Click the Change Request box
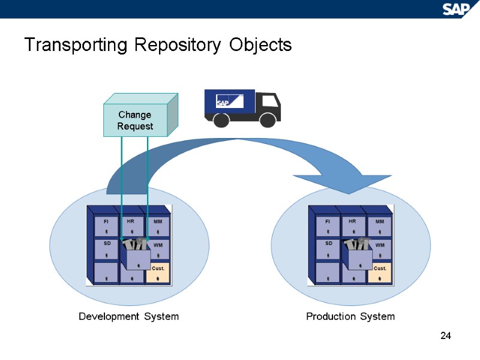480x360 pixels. point(135,121)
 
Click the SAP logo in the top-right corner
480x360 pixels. point(458,9)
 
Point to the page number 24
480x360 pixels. point(445,335)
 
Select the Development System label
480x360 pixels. point(128,316)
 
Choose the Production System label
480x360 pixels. point(350,316)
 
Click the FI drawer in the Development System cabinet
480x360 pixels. point(106,226)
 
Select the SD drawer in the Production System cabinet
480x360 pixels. point(328,248)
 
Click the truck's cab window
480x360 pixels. point(266,101)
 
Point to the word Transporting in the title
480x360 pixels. point(76,45)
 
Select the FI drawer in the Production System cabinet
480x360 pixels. point(328,226)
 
